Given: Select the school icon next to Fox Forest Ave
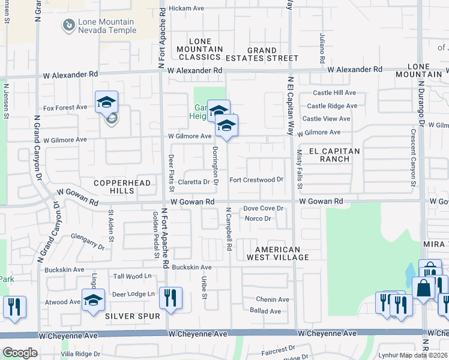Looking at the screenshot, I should point(106,102).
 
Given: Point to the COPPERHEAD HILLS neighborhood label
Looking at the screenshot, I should point(113,186).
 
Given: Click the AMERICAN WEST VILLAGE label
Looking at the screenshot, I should point(277,253).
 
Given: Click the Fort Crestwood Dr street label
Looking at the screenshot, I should point(256,179).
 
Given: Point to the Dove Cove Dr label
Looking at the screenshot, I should point(263,208).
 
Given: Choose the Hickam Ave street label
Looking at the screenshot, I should point(187,8).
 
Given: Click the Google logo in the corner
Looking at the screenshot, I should point(20,353).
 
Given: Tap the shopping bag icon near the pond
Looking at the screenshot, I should point(424,288).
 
